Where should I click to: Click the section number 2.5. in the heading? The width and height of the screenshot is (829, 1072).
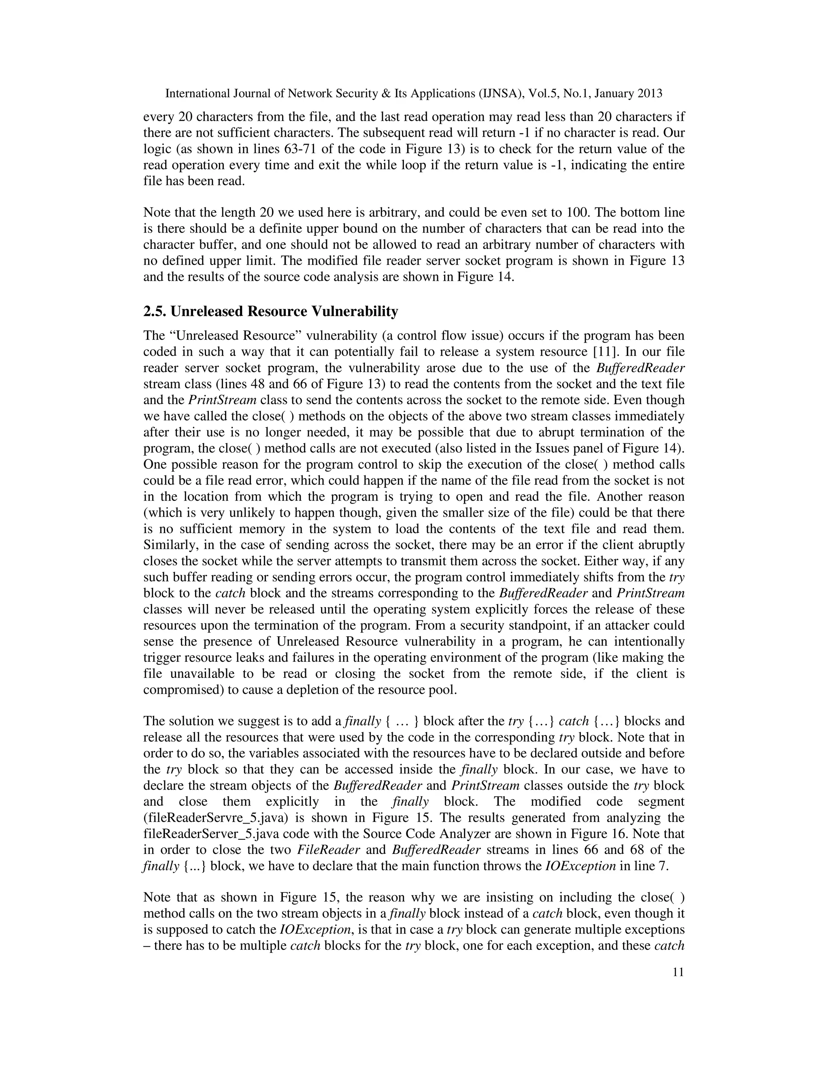click(x=155, y=311)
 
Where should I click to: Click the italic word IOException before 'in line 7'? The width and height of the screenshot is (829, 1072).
click(x=580, y=866)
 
